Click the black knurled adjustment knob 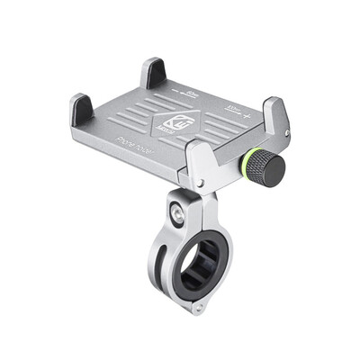[x=267, y=168]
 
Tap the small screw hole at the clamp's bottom [x=195, y=308]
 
